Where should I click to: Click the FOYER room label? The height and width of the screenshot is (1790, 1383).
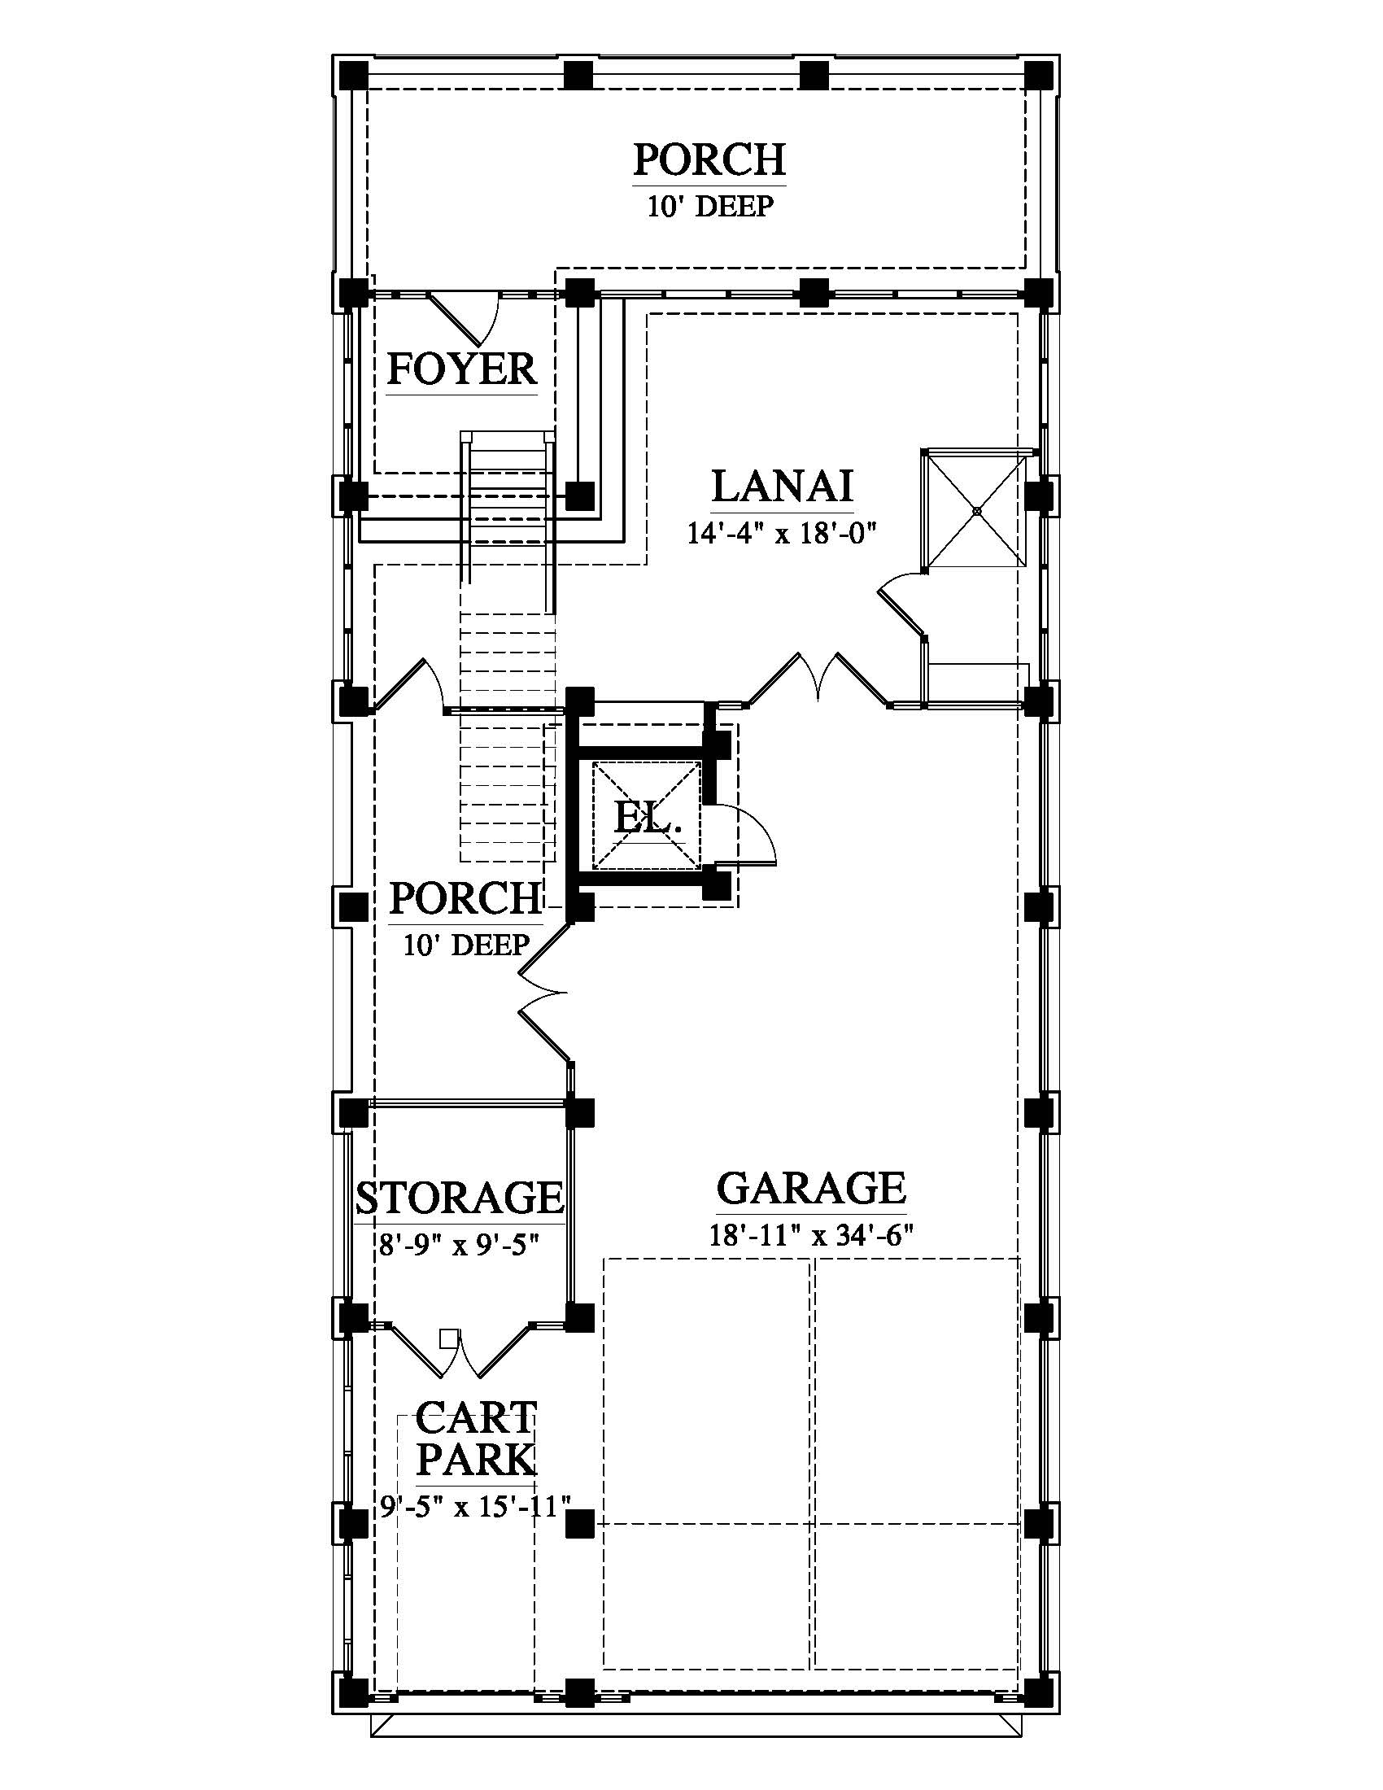pos(461,369)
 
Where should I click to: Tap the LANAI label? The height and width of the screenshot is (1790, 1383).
pos(783,485)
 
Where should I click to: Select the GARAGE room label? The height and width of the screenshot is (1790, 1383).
pos(811,1188)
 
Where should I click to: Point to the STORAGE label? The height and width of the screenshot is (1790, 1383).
pos(460,1198)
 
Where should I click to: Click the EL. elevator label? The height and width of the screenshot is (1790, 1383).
pos(648,817)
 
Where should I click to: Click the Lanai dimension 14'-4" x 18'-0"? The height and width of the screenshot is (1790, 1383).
pos(782,535)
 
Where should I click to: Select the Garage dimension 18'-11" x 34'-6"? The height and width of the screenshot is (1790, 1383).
pos(811,1235)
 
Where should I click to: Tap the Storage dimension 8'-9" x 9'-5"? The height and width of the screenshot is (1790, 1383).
pos(459,1246)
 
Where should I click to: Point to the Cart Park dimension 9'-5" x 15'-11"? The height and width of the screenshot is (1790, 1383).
pos(475,1506)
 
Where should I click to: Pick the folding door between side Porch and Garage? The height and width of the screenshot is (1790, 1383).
pos(543,994)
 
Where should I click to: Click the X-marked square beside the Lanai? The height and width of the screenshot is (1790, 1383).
pos(976,511)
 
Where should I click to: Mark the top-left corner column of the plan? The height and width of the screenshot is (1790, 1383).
pos(353,76)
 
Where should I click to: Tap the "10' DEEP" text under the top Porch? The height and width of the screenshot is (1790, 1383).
pos(710,206)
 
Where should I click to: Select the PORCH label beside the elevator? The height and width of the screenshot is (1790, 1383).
pos(465,898)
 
